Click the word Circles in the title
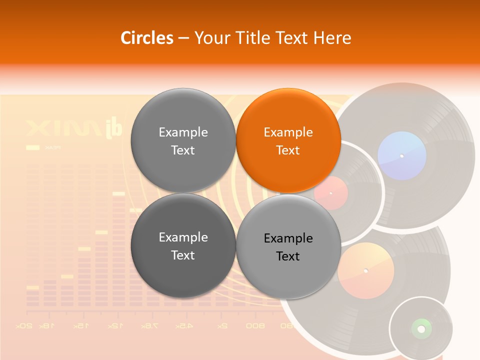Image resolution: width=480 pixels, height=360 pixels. click(x=147, y=38)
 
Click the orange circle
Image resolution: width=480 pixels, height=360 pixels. click(x=288, y=140)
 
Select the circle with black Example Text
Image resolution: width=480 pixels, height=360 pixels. click(x=288, y=246)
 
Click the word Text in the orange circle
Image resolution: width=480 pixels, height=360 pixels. click(x=288, y=150)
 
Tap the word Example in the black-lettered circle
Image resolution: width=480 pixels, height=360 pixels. click(x=288, y=238)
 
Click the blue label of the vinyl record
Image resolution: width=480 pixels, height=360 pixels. click(x=402, y=155)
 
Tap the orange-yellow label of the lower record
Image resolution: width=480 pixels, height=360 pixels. click(x=365, y=270)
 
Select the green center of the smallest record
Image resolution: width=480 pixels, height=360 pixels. click(x=421, y=328)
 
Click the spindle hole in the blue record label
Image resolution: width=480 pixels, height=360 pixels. click(x=402, y=156)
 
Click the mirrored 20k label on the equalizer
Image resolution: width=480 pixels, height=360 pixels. click(x=24, y=325)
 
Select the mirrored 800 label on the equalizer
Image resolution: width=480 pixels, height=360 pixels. click(x=255, y=325)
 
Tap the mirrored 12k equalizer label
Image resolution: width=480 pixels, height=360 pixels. click(x=115, y=325)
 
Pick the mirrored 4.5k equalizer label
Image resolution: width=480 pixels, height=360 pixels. click(x=183, y=325)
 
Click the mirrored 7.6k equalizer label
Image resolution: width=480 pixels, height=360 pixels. click(x=148, y=325)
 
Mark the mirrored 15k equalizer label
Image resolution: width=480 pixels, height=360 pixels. click(x=80, y=325)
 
